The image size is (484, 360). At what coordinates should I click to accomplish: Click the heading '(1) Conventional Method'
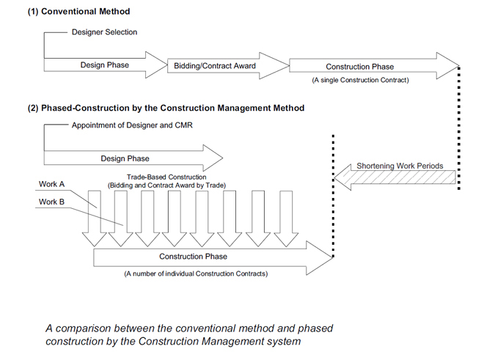(x=78, y=12)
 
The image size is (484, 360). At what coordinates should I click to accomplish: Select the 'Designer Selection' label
(x=104, y=32)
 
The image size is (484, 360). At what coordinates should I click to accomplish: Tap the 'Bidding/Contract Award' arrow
(x=228, y=66)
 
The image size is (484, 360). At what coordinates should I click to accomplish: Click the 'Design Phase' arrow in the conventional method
(x=105, y=65)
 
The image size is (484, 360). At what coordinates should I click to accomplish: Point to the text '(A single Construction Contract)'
(x=360, y=80)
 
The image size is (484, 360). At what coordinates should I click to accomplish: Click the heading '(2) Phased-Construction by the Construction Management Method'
(x=166, y=108)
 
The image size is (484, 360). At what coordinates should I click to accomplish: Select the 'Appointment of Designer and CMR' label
(x=132, y=125)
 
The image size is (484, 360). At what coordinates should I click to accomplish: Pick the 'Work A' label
(x=51, y=184)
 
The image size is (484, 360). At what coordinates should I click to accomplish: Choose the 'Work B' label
(x=51, y=202)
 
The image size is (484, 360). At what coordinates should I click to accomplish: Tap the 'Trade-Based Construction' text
(x=166, y=177)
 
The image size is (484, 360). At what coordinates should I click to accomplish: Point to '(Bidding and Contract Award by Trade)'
(x=166, y=185)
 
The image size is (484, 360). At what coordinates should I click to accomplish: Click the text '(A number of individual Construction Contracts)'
(x=196, y=274)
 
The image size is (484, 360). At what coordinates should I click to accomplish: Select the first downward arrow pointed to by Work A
(x=95, y=218)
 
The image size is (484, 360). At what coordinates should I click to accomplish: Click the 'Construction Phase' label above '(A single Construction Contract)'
(x=360, y=67)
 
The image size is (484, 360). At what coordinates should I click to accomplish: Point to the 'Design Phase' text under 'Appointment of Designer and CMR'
(x=125, y=158)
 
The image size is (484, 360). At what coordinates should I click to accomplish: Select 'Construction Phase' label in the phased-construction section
(x=193, y=257)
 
